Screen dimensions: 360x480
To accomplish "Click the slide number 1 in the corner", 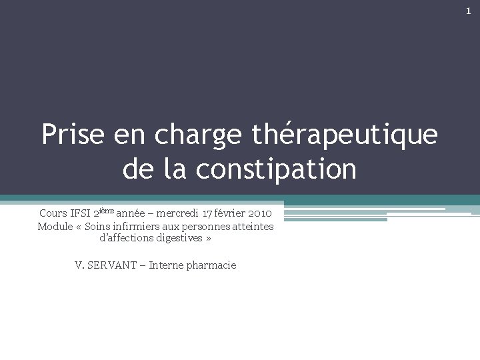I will [x=468, y=11].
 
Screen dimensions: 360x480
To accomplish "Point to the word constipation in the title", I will [x=276, y=169].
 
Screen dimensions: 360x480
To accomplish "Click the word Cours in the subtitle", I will [x=53, y=213].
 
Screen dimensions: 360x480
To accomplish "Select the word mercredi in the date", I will [x=178, y=213].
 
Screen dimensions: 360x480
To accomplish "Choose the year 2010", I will [x=259, y=213].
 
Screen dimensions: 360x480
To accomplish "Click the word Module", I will [x=55, y=227].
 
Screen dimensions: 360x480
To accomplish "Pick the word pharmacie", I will [x=211, y=265].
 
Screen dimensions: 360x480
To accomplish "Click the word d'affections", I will [x=125, y=238].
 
